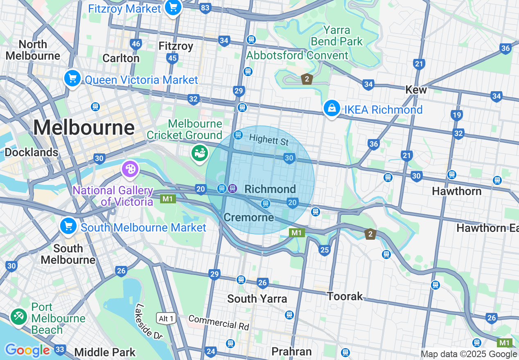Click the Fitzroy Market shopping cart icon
pyautogui.click(x=173, y=7)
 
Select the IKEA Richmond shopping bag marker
pyautogui.click(x=332, y=108)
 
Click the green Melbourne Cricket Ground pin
pyautogui.click(x=199, y=153)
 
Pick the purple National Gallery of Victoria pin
pyautogui.click(x=130, y=169)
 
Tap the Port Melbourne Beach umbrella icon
pyautogui.click(x=18, y=317)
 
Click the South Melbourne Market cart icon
pyautogui.click(x=68, y=226)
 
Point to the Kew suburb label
pyautogui.click(x=416, y=90)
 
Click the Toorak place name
pyautogui.click(x=345, y=296)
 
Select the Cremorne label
pyautogui.click(x=249, y=217)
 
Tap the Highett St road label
pyautogui.click(x=269, y=140)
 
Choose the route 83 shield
pyautogui.click(x=205, y=8)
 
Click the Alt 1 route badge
pyautogui.click(x=166, y=318)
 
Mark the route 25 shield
pyautogui.click(x=325, y=250)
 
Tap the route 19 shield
pyautogui.click(x=457, y=115)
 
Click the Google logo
pyautogui.click(x=27, y=350)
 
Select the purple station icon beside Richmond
pyautogui.click(x=232, y=188)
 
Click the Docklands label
pyautogui.click(x=32, y=152)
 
